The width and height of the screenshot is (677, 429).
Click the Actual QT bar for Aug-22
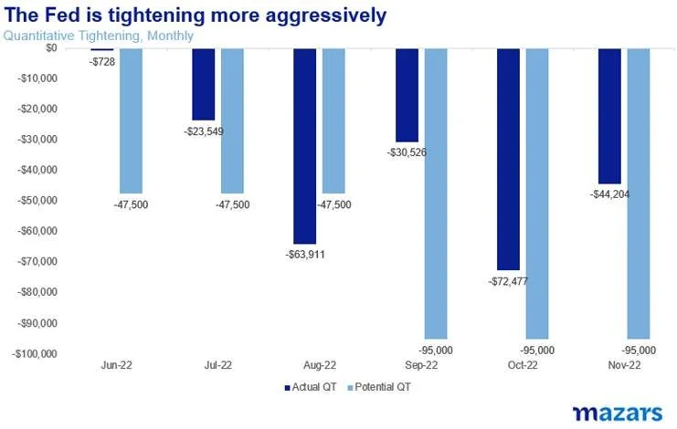point(304,146)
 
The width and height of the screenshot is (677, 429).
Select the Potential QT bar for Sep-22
point(436,192)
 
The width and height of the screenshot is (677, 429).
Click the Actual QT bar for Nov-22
point(609,115)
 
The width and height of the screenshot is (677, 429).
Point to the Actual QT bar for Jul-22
point(203,84)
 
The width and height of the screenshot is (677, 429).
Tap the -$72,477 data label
point(502,277)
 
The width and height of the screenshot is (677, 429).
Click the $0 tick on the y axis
point(50,47)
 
